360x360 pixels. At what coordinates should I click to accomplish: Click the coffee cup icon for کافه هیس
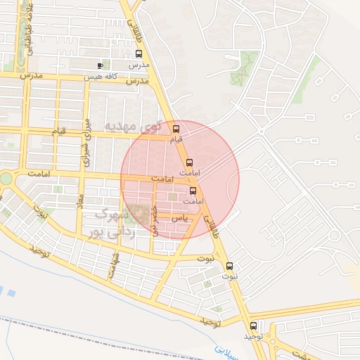pos(99,66)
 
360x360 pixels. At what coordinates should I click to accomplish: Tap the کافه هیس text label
pos(99,77)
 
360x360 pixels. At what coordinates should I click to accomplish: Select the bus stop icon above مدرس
pos(139,53)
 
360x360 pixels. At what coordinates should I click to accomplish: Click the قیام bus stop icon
pos(176,129)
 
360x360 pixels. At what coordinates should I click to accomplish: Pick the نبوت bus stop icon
pos(229,266)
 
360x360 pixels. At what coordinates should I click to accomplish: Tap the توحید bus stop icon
pos(253,326)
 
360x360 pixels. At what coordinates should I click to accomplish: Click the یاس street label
pos(180,219)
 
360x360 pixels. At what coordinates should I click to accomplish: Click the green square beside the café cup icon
pos(89,67)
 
